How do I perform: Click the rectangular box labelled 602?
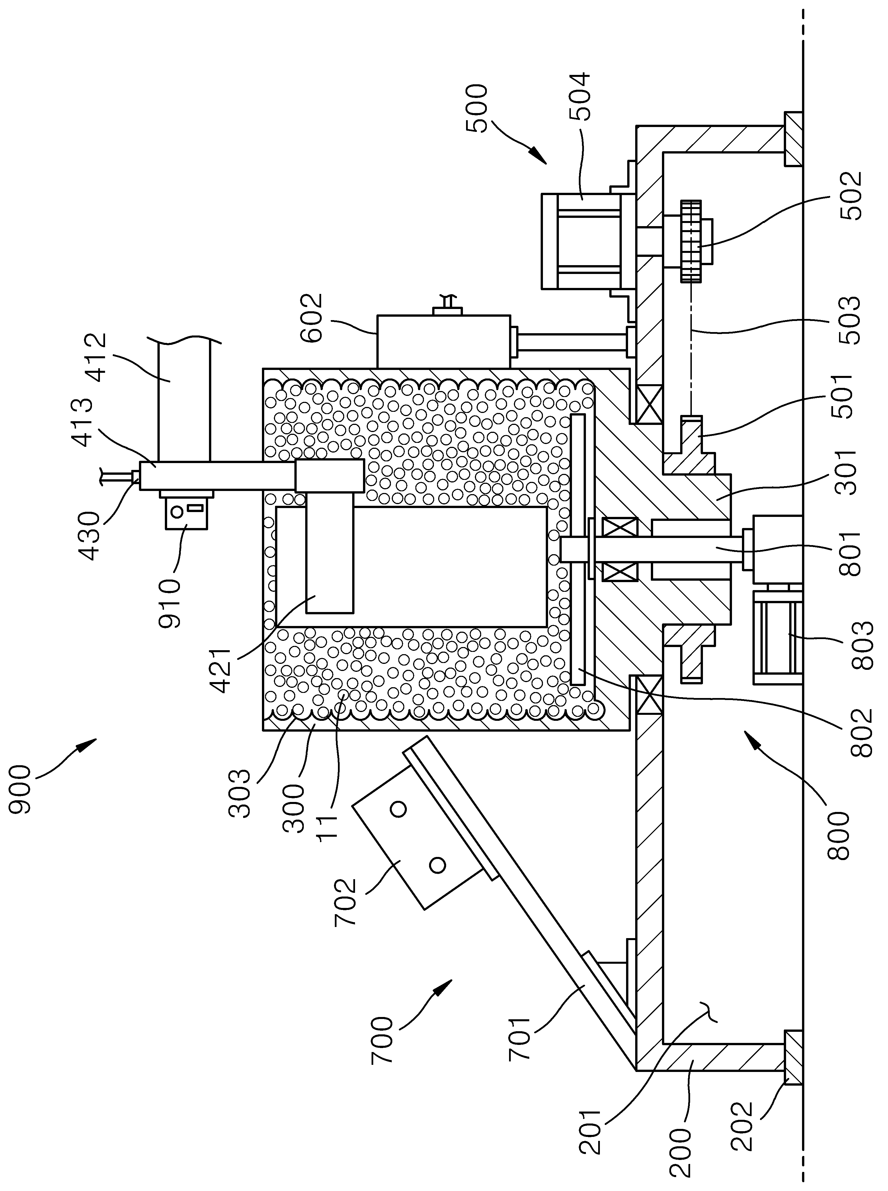point(444,342)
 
